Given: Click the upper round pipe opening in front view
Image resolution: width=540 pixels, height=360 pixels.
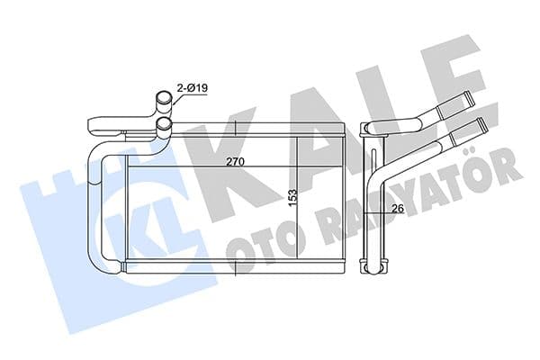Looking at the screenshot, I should tap(162, 98).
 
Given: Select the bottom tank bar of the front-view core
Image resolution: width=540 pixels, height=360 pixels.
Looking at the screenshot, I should tap(234, 267).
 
